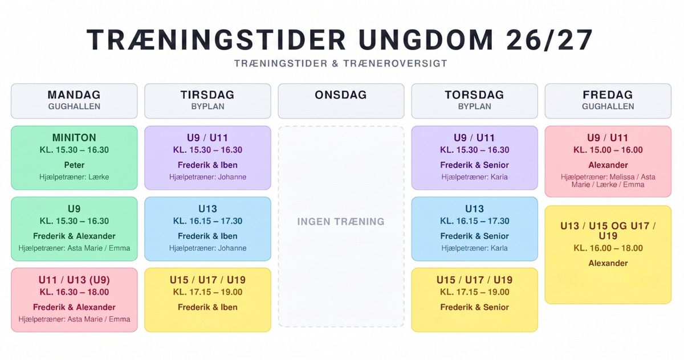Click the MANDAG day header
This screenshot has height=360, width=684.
tap(74, 95)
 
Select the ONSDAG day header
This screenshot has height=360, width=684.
tap(341, 95)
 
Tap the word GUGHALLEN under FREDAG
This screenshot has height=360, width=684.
tap(608, 107)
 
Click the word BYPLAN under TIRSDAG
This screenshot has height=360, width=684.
tap(207, 107)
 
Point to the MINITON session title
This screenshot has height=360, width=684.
tap(74, 138)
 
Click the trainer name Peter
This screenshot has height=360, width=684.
tap(74, 165)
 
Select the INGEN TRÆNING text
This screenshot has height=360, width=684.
tap(341, 222)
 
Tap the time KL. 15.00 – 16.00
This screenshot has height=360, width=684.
tap(608, 150)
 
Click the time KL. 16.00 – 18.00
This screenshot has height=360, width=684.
tap(608, 248)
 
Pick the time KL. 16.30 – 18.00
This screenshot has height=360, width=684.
tap(74, 292)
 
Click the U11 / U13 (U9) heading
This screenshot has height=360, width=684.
tap(74, 280)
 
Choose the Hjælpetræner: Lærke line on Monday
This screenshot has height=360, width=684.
tap(74, 177)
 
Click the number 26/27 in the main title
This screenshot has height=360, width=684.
tap(549, 40)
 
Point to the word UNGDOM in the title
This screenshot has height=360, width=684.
tap(426, 40)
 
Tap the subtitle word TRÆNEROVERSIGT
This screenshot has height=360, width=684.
tap(395, 63)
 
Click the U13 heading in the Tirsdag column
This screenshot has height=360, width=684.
tap(207, 208)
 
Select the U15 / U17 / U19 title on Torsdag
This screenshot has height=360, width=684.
tap(474, 280)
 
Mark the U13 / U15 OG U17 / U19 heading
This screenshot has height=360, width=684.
tap(608, 231)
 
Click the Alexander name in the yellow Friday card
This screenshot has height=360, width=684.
tap(608, 263)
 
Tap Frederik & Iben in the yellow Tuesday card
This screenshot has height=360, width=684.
tap(207, 307)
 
